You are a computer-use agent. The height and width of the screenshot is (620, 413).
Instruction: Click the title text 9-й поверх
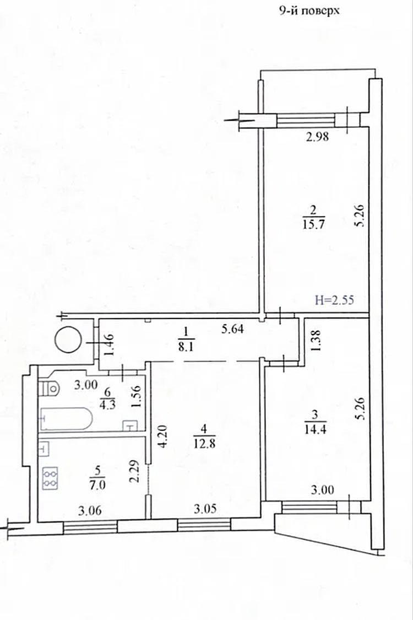coord(309,10)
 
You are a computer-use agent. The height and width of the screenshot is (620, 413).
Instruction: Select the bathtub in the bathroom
coord(67,419)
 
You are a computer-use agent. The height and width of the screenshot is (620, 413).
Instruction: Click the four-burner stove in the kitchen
coord(50,478)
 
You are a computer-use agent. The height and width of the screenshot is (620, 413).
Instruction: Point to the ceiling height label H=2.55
coord(334,300)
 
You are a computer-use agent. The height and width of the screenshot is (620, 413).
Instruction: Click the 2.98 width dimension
coord(317,137)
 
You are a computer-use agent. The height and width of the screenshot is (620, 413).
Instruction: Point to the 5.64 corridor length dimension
coord(232,329)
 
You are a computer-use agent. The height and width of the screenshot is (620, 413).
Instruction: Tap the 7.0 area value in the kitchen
coord(98,484)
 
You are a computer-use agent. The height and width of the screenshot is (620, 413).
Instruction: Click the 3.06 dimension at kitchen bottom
coord(90,511)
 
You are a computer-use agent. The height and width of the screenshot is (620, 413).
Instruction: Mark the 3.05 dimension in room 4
coord(205,509)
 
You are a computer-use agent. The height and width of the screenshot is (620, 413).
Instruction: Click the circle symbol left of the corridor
coord(68,339)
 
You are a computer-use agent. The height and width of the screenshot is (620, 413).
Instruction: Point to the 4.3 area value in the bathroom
coord(108,405)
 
